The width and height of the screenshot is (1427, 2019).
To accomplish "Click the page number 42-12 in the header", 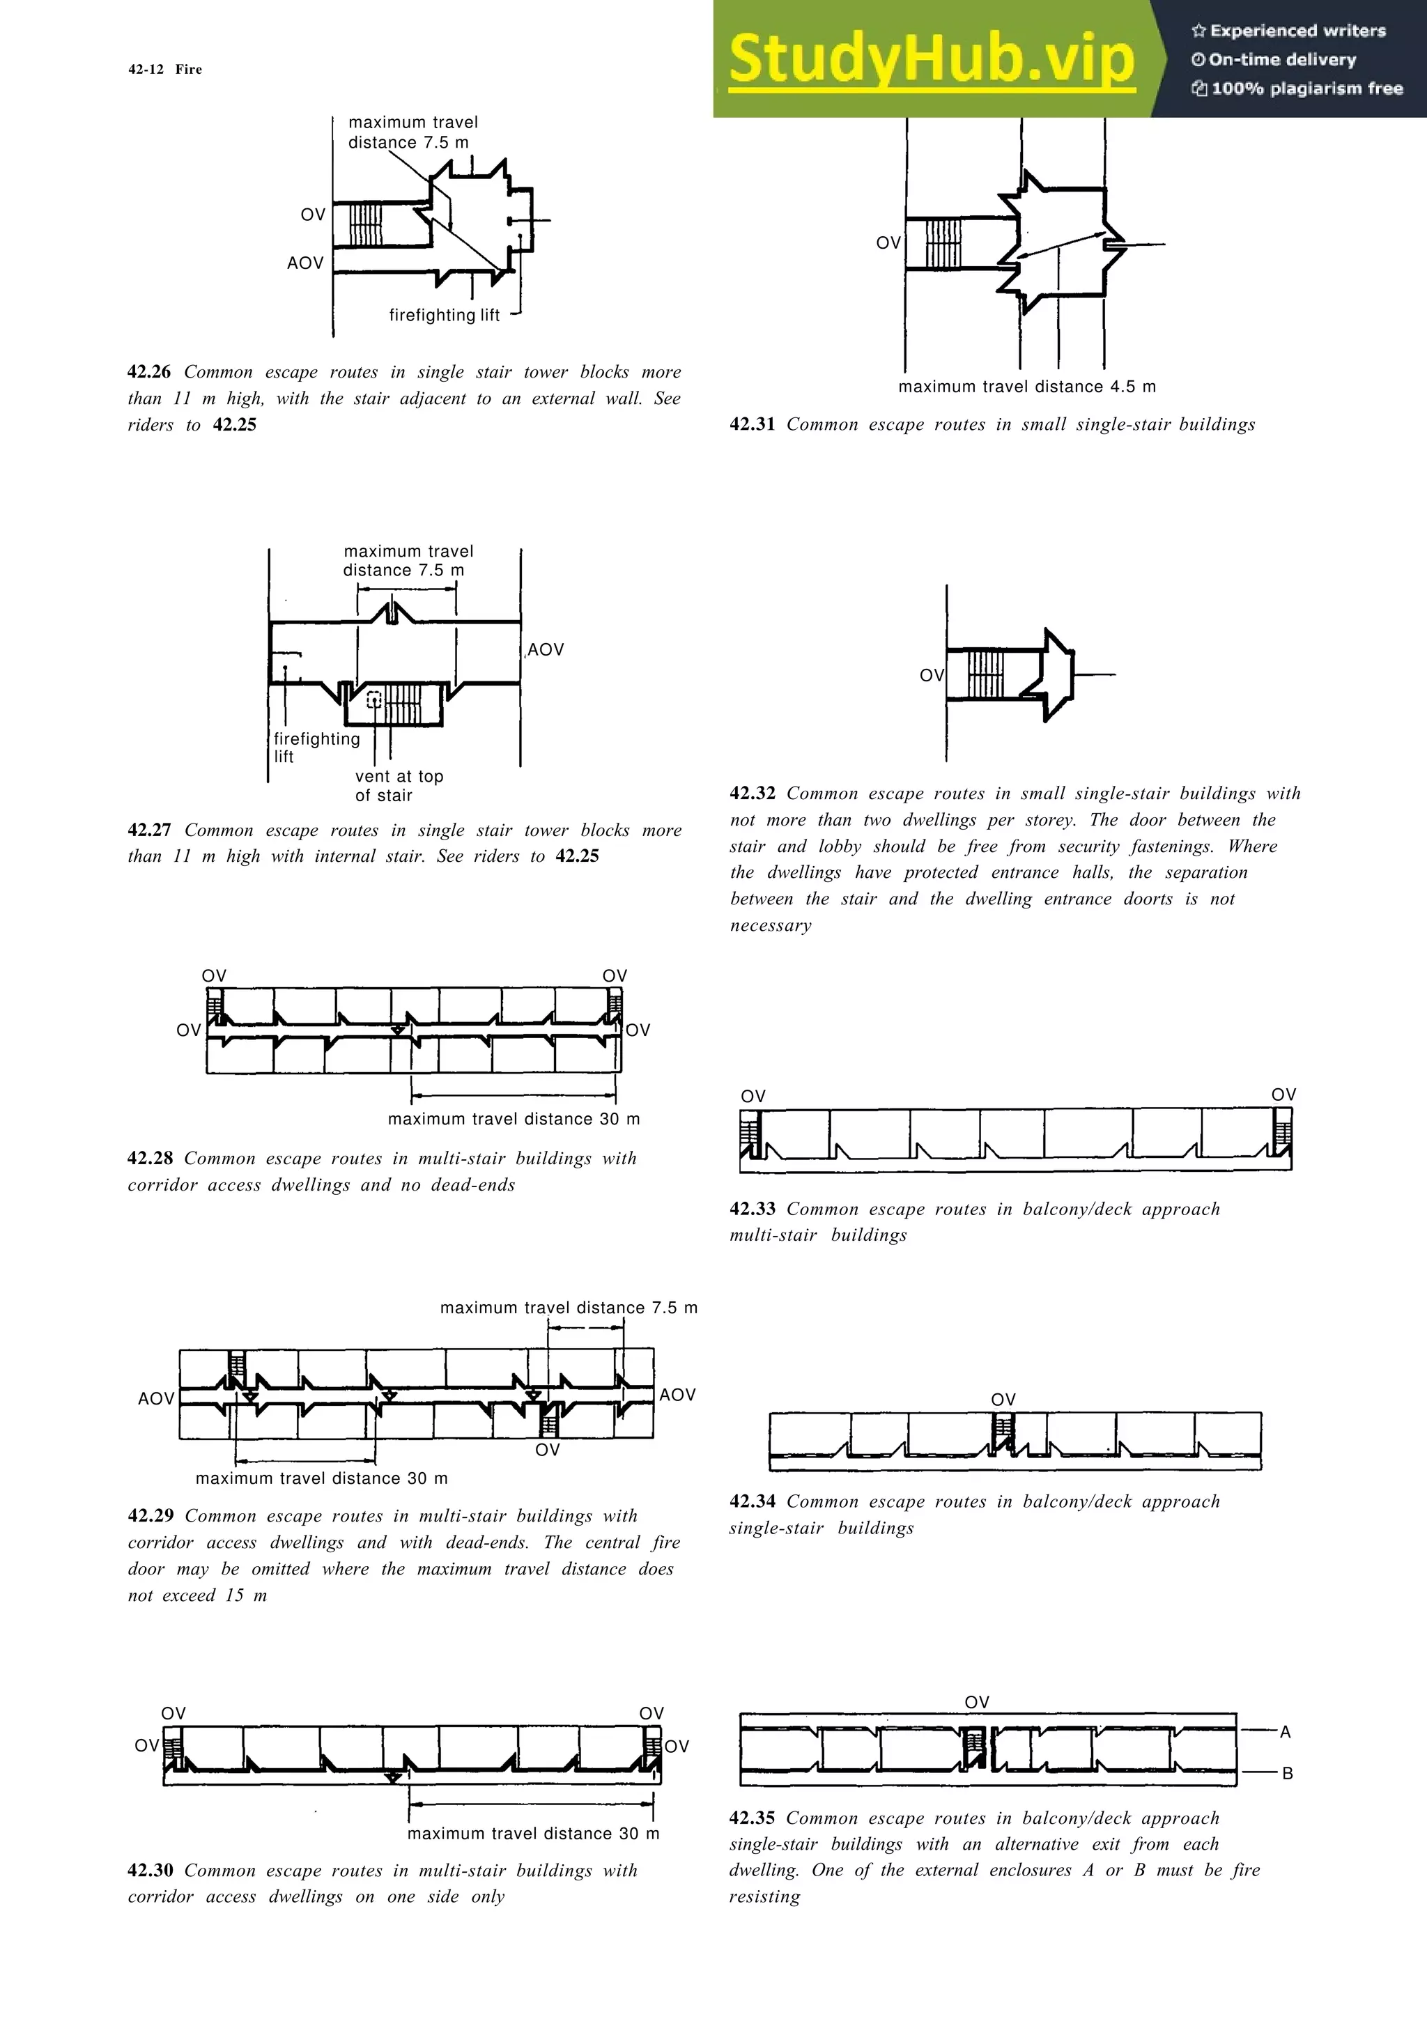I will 145,70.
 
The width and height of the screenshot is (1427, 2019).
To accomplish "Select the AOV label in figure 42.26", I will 305,263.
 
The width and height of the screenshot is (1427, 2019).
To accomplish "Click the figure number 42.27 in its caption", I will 150,830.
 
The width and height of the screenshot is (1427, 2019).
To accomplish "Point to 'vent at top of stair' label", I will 399,785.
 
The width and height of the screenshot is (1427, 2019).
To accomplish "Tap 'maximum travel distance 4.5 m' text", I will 1026,387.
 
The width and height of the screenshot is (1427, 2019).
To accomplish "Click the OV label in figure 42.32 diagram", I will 931,675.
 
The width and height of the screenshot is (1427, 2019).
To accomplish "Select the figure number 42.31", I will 752,425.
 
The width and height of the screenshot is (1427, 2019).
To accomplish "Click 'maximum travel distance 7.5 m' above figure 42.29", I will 568,1308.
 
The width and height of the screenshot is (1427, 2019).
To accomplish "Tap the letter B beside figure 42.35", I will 1286,1774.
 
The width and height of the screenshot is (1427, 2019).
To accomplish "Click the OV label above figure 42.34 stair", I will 1003,1400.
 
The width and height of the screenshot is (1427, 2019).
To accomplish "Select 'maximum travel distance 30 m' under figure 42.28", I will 514,1120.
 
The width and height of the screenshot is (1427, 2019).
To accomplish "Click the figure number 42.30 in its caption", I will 150,1871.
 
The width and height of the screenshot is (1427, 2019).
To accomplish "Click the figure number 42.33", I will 752,1209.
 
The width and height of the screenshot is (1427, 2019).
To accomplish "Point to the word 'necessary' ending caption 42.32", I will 770,926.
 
